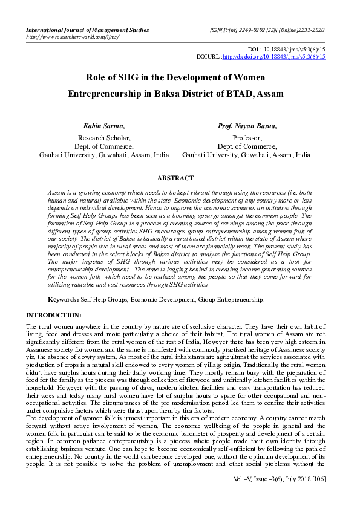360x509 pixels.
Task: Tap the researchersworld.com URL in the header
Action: pyautogui.click(x=73, y=37)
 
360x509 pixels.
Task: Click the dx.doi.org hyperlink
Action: pyautogui.click(x=274, y=56)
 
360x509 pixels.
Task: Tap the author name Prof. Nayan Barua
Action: pyautogui.click(x=247, y=126)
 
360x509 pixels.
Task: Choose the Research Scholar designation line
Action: pyautogui.click(x=103, y=138)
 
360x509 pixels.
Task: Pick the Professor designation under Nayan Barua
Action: pyautogui.click(x=247, y=138)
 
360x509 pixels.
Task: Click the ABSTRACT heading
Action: pyautogui.click(x=175, y=178)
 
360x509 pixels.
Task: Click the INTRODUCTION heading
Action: pyautogui.click(x=53, y=316)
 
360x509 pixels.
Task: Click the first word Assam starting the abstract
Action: pyautogui.click(x=56, y=192)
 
